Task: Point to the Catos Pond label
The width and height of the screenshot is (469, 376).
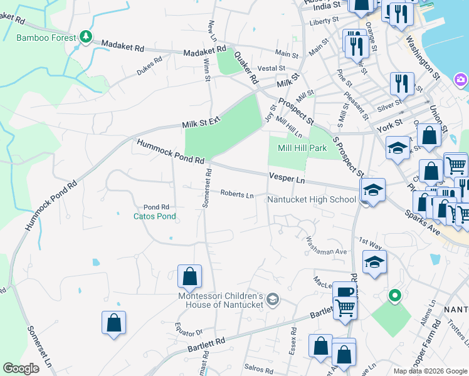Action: [x=154, y=216]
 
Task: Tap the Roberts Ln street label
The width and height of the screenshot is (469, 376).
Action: [x=237, y=194]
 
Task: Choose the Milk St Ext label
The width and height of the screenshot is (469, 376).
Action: [x=202, y=122]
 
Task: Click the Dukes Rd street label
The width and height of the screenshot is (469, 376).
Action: [x=149, y=66]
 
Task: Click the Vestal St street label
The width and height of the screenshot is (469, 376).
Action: [x=271, y=68]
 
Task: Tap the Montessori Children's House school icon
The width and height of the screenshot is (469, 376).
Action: [x=272, y=300]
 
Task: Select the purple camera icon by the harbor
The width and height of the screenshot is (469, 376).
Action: [x=461, y=80]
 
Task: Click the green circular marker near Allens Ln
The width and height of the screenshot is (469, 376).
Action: [x=394, y=295]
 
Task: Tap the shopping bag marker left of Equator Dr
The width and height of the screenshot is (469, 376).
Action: [x=113, y=323]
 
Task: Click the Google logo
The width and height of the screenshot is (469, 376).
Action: [x=21, y=368]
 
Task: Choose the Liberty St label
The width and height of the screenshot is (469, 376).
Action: [x=324, y=22]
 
